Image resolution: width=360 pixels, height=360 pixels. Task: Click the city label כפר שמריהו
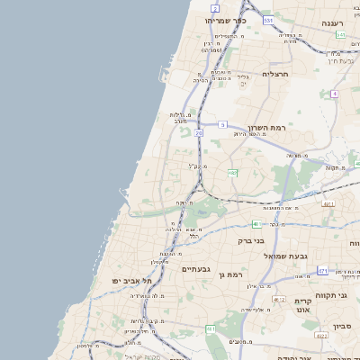coord(225,20)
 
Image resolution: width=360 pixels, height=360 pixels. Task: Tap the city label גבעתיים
coord(195,269)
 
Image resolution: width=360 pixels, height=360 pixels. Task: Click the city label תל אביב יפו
coord(129,280)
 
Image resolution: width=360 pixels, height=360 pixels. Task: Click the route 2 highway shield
coord(216,8)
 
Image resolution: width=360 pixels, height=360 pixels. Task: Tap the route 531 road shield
coord(268,19)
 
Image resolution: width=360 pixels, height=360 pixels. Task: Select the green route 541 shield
coord(340,35)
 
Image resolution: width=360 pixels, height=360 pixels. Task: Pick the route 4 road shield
coord(334,94)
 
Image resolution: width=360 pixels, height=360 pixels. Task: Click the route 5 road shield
coord(222,125)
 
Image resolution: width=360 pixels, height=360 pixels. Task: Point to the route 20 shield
coord(198,132)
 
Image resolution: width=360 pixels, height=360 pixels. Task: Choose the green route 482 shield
coord(232,172)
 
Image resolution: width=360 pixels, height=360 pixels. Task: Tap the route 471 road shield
coord(323,270)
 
